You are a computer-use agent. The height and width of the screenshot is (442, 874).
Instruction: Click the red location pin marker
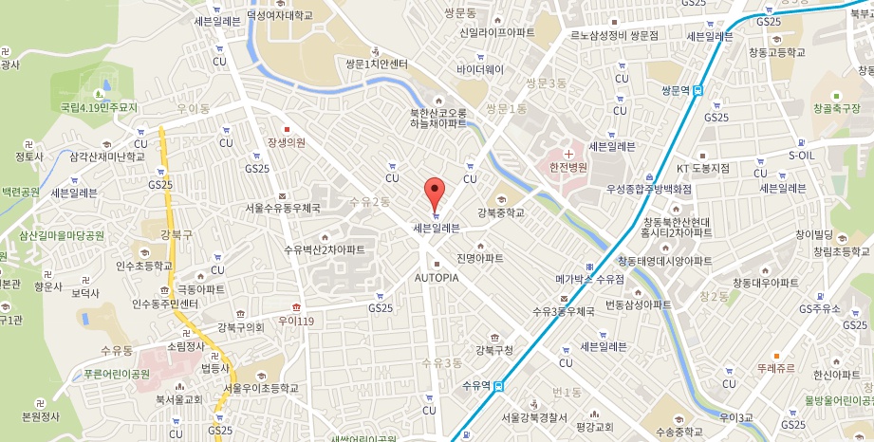point(435,193)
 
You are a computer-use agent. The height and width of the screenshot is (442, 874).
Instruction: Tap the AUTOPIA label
point(437,278)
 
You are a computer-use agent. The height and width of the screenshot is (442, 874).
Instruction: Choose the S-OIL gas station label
point(802,155)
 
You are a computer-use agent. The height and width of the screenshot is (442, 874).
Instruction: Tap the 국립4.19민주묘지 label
point(99,108)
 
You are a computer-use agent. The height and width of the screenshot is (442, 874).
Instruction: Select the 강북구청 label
point(494,350)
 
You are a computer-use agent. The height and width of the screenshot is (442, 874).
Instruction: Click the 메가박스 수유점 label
point(589,279)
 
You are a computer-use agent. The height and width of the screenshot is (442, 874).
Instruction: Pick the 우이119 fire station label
point(295,322)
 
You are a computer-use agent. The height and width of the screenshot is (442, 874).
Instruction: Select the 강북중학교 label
point(501,212)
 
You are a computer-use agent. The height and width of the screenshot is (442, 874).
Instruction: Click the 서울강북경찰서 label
point(535,417)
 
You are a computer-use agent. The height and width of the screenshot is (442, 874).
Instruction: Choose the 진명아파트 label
point(480,258)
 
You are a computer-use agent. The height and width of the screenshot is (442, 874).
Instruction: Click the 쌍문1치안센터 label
point(377,64)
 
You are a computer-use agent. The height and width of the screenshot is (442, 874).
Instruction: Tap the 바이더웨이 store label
point(480,69)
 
